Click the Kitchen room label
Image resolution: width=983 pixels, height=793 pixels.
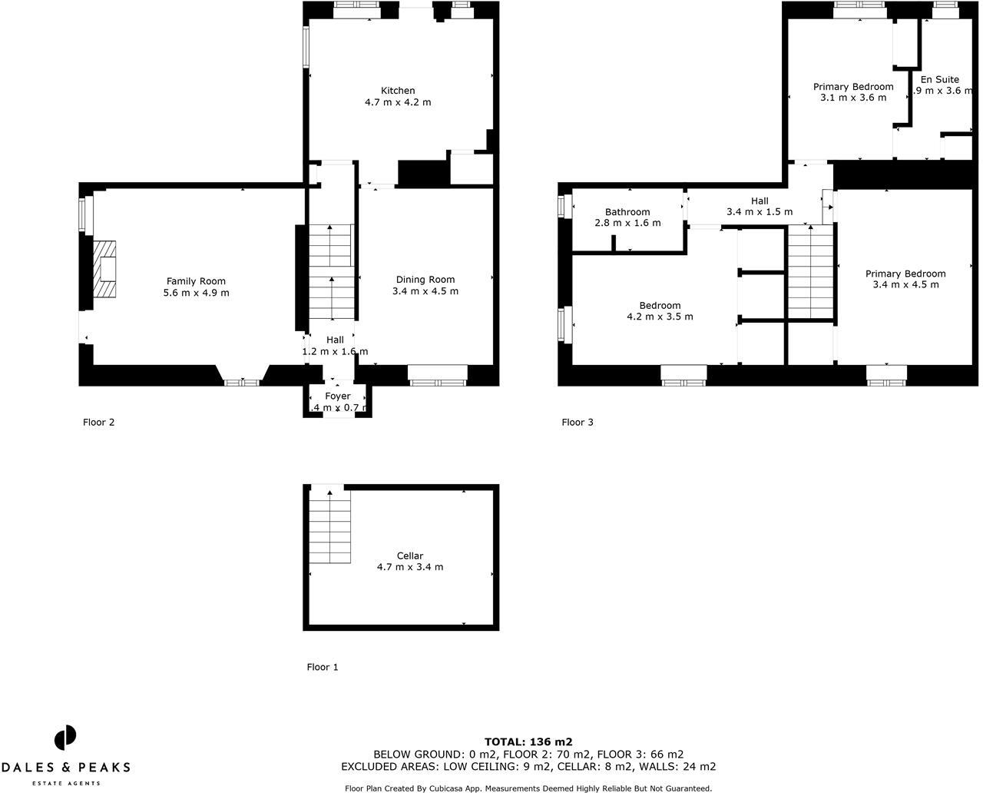tap(398, 91)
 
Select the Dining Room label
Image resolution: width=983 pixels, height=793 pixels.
tap(425, 280)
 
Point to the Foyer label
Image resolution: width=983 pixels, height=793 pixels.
tap(337, 396)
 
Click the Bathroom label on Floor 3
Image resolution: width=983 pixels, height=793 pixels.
tap(627, 212)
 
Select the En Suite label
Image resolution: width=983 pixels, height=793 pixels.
tap(940, 79)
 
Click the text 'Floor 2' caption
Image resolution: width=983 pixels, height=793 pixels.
tap(99, 422)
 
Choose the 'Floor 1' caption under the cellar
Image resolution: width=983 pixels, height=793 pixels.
tap(323, 667)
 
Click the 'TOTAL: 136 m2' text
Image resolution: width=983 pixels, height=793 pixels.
tap(528, 742)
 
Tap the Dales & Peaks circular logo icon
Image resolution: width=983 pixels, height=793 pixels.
tap(65, 738)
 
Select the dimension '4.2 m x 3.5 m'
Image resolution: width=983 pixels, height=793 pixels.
tap(660, 317)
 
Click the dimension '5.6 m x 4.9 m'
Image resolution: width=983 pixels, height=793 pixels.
tap(196, 293)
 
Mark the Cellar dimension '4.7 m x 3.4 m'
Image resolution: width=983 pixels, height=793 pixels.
tap(410, 567)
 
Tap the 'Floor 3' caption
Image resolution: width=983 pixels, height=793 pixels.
tap(578, 422)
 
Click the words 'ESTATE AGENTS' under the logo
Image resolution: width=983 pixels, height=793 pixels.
tap(65, 783)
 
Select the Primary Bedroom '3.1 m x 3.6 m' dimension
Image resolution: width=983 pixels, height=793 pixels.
tap(853, 98)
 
